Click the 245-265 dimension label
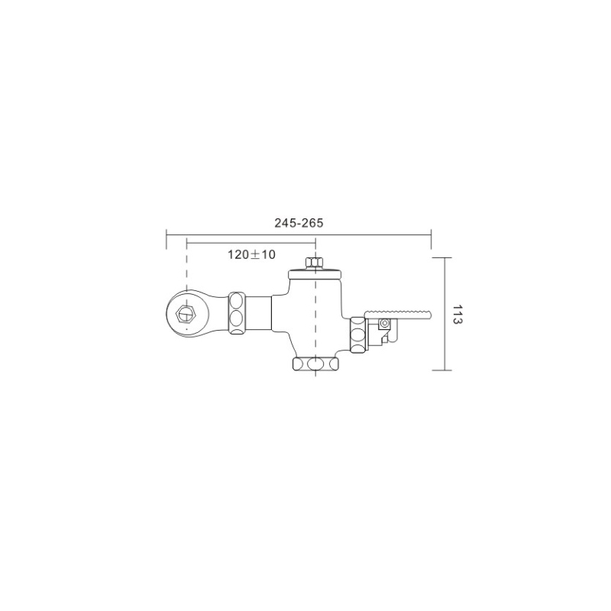tap(299, 223)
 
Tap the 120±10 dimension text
tap(251, 254)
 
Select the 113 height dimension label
tap(457, 314)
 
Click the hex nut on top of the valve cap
tap(314, 263)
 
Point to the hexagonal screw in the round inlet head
tap(186, 314)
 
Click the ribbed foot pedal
tap(397, 314)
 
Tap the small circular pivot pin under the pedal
tap(386, 323)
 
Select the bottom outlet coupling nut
tap(315, 364)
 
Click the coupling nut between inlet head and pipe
tap(237, 313)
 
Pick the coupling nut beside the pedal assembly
tap(357, 335)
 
